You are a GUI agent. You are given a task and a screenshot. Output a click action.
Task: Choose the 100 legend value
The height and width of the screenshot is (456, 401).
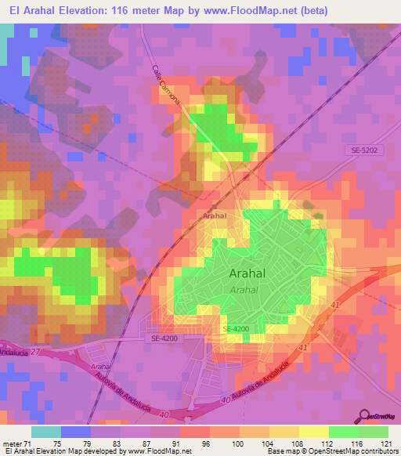pyautogui.click(x=235, y=442)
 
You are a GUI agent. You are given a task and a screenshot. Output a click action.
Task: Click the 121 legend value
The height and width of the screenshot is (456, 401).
pyautogui.click(x=384, y=442)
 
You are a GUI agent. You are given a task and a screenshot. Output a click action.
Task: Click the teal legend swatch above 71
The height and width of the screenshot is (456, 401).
pyautogui.click(x=45, y=431)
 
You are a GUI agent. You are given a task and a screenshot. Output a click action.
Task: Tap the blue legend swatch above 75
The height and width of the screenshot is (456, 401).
pyautogui.click(x=74, y=431)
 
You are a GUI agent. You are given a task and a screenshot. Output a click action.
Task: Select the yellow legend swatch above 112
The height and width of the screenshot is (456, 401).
pyautogui.click(x=313, y=431)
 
